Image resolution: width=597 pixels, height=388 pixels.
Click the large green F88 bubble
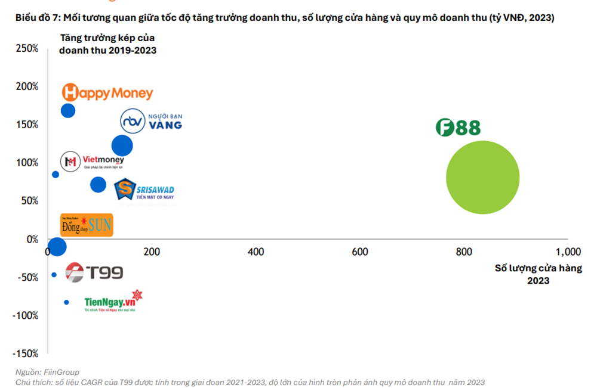tap(482, 177)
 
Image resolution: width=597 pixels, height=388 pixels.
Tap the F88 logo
tap(457, 128)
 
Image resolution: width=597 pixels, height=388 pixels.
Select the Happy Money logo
tap(107, 93)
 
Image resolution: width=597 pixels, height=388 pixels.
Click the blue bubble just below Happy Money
tap(68, 111)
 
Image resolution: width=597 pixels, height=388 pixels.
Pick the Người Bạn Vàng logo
tap(151, 120)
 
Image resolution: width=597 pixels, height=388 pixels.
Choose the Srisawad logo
tap(144, 190)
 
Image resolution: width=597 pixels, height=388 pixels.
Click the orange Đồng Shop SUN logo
tap(87, 225)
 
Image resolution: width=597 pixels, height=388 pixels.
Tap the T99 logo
tap(94, 273)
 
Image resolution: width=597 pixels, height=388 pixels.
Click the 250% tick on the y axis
tap(27, 48)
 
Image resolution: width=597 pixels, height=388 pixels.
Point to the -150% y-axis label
tap(26, 353)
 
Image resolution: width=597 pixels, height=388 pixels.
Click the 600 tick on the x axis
tap(360, 252)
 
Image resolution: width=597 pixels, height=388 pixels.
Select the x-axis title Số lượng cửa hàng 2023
tap(538, 274)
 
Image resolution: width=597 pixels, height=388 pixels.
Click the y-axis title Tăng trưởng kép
tap(107, 44)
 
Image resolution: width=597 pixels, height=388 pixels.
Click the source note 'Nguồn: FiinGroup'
tap(48, 372)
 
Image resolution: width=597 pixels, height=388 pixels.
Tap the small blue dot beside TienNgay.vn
tap(66, 302)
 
